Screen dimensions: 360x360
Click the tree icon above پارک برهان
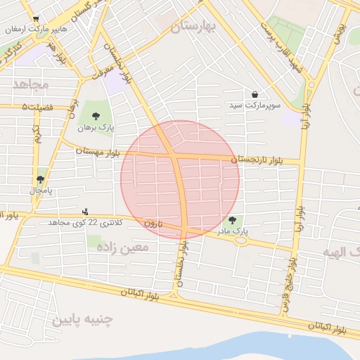(96, 116)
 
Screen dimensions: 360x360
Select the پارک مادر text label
(233, 230)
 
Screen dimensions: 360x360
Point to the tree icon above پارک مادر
(233, 220)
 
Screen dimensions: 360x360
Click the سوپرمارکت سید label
(254, 105)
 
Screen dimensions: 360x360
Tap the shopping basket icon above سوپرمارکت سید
(254, 94)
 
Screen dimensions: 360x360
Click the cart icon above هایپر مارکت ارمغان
(36, 20)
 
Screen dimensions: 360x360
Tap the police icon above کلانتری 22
(85, 212)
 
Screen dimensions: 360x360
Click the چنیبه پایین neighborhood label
(82, 321)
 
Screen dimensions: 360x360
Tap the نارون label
(153, 223)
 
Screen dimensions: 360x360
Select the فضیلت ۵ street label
(38, 107)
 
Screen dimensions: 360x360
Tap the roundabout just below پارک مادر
(242, 240)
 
